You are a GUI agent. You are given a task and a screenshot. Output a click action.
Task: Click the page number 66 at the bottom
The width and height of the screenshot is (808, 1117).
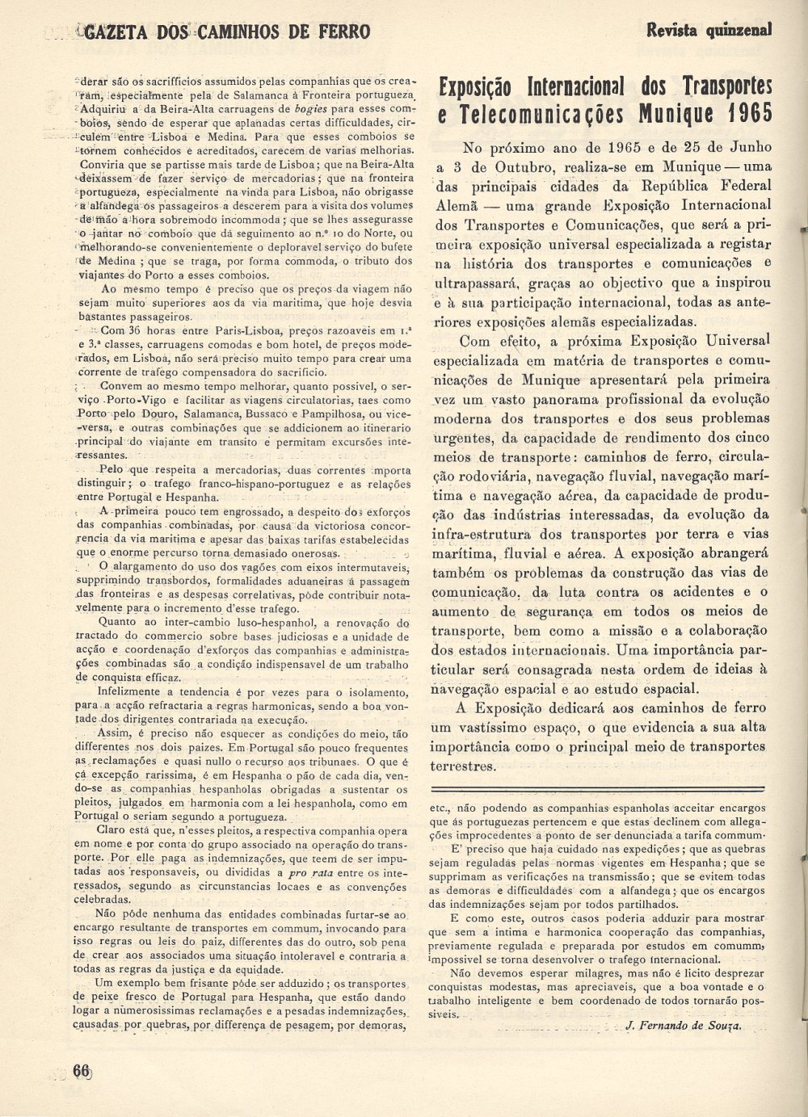tap(82, 1069)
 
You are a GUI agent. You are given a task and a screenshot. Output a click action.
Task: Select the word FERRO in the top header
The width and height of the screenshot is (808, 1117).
tap(342, 31)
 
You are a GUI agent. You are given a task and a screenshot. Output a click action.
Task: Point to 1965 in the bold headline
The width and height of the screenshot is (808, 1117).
tap(747, 112)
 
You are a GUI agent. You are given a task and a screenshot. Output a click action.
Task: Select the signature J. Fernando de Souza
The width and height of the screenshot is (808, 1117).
tap(684, 1025)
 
